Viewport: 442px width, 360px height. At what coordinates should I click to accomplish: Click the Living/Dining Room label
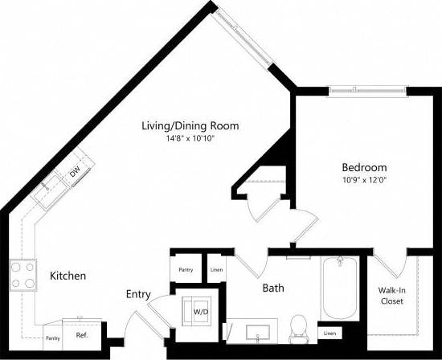(x=190, y=125)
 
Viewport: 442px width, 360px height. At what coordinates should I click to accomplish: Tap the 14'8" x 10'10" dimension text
(x=190, y=138)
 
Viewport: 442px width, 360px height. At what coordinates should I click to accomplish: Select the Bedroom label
(x=364, y=167)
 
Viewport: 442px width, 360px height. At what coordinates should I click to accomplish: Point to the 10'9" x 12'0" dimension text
(x=364, y=180)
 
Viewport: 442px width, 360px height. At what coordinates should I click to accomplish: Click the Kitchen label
(x=68, y=276)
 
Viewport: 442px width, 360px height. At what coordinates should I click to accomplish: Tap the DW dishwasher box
(x=74, y=172)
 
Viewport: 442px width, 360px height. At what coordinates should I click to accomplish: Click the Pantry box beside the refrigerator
(x=53, y=337)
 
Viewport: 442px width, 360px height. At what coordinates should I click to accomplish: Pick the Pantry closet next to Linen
(x=186, y=270)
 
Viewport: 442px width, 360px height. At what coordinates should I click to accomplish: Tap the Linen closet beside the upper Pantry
(x=215, y=270)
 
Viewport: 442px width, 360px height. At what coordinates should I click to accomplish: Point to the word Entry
(x=138, y=295)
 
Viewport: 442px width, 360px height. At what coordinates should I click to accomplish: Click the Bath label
(x=272, y=287)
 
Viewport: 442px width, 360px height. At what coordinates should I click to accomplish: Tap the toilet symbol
(x=298, y=326)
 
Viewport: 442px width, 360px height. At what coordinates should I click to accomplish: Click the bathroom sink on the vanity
(x=260, y=330)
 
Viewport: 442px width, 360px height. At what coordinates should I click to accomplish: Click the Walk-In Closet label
(x=391, y=296)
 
